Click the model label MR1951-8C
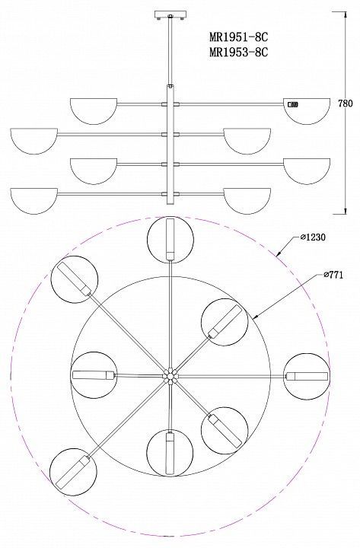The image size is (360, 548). coord(239,37)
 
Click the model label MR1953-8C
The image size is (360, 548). coord(239,52)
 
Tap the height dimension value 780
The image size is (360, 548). coord(346,104)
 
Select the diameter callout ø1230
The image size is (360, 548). coord(313,237)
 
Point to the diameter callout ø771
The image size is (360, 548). coord(333,275)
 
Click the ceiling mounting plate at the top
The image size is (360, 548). coord(170,15)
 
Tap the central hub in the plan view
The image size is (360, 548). coord(170,376)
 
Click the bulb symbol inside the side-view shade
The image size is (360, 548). coord(293,104)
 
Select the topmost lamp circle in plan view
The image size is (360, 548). coord(170,240)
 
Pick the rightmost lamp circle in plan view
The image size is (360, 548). coord(307,377)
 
